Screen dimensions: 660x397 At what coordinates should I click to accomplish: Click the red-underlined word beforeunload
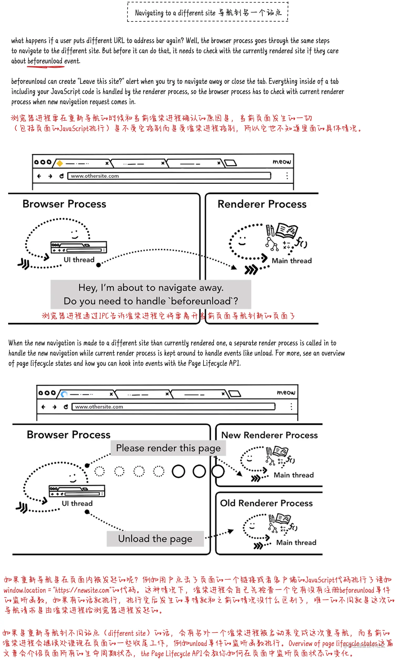(x=45, y=61)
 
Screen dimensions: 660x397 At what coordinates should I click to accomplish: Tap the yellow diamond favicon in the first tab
(x=60, y=163)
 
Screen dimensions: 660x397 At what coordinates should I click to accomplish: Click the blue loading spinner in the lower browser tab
(x=64, y=394)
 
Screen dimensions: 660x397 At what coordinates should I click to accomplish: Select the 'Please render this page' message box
(x=168, y=448)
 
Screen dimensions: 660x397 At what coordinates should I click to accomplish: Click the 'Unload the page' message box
(x=155, y=539)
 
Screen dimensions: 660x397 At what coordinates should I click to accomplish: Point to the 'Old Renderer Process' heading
(x=266, y=503)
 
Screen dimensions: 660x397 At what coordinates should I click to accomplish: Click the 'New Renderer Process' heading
(x=269, y=435)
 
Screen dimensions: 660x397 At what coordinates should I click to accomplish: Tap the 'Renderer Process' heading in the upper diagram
(x=262, y=204)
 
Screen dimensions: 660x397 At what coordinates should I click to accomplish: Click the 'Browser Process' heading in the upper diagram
(x=64, y=204)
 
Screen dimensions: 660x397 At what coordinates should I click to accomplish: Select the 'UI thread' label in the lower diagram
(x=77, y=503)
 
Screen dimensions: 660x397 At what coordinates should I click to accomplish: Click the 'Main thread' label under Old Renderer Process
(x=296, y=543)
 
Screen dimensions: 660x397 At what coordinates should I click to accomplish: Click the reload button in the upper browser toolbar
(x=61, y=176)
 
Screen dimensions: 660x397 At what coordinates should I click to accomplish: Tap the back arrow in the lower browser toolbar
(x=43, y=407)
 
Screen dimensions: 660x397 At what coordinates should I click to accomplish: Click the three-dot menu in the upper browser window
(x=287, y=176)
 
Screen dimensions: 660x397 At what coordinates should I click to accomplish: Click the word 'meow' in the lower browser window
(x=286, y=392)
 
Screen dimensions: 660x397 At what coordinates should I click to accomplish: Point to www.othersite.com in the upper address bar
(x=95, y=176)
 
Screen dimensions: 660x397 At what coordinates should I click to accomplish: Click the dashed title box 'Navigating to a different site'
(x=208, y=12)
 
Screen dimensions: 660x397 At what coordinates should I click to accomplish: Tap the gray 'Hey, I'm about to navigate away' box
(x=151, y=294)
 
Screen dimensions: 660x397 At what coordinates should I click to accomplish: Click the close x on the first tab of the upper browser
(x=107, y=163)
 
